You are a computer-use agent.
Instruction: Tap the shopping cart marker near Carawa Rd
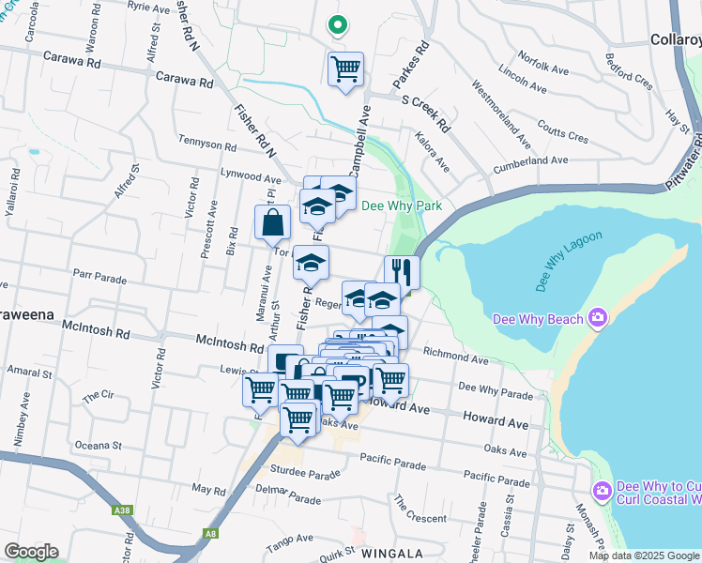point(345,68)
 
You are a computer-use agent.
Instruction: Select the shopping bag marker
point(272,223)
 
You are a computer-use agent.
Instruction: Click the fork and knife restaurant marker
point(402,273)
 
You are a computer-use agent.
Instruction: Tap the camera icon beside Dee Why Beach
point(596,319)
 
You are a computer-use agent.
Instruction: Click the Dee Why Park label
point(401,205)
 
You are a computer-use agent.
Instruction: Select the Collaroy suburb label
point(675,40)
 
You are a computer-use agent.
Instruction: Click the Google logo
point(31,552)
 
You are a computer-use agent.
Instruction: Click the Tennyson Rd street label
point(207,145)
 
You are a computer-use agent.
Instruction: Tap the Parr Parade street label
point(99,278)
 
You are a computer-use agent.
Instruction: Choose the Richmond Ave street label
point(456,357)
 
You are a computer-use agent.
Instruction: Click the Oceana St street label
point(99,445)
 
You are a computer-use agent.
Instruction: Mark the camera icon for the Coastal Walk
point(603,491)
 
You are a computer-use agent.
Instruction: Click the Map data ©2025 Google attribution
point(644,555)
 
